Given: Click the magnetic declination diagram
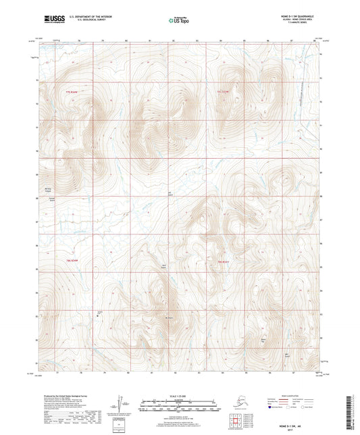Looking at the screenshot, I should point(121,403).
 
